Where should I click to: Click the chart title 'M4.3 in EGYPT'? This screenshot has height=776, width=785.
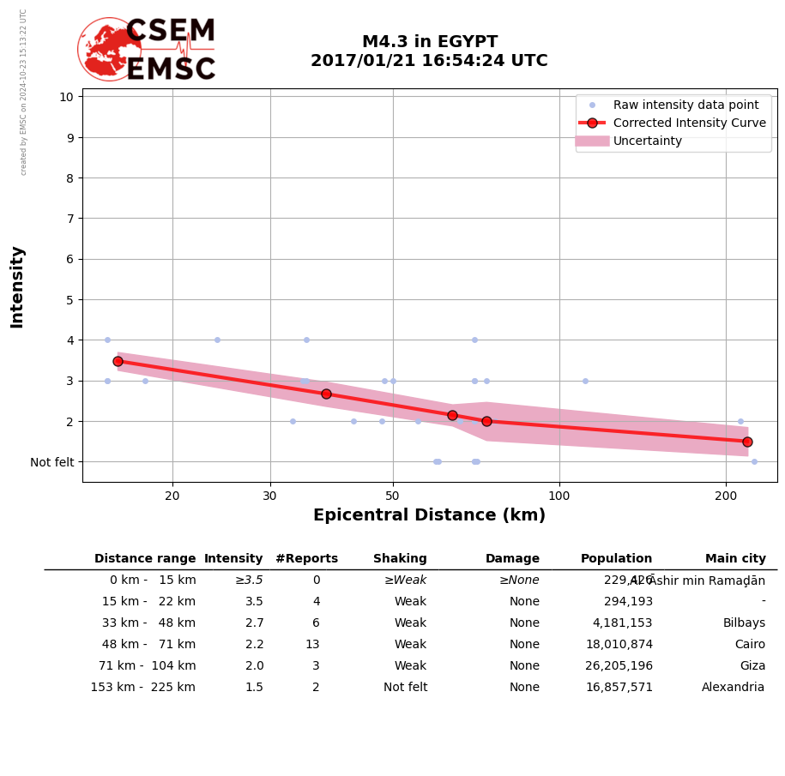(x=429, y=42)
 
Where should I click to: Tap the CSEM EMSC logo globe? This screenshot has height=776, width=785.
(x=109, y=50)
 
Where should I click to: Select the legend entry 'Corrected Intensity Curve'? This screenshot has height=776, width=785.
(x=689, y=123)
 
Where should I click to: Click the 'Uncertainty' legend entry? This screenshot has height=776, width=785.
(x=647, y=141)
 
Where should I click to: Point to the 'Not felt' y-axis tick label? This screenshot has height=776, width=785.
(x=52, y=462)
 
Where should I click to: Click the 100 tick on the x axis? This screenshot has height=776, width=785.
(x=559, y=495)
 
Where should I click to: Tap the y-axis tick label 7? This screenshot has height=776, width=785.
(x=66, y=219)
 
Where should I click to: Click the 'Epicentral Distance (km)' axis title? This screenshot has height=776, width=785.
(x=429, y=515)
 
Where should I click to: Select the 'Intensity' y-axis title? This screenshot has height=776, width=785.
(x=17, y=286)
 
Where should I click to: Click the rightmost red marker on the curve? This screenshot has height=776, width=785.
(x=747, y=442)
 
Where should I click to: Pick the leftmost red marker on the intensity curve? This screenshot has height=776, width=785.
(x=118, y=361)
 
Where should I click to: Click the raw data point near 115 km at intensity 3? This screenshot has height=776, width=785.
(x=585, y=381)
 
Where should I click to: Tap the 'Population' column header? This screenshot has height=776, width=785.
(x=616, y=559)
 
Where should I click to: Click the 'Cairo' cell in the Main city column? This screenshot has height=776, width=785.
(x=750, y=645)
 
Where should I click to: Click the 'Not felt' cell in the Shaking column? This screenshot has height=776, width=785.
(x=405, y=688)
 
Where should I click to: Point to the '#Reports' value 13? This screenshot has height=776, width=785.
(x=312, y=645)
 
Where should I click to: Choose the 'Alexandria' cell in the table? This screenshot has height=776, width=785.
(x=733, y=688)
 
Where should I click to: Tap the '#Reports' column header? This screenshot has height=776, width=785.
(x=306, y=559)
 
